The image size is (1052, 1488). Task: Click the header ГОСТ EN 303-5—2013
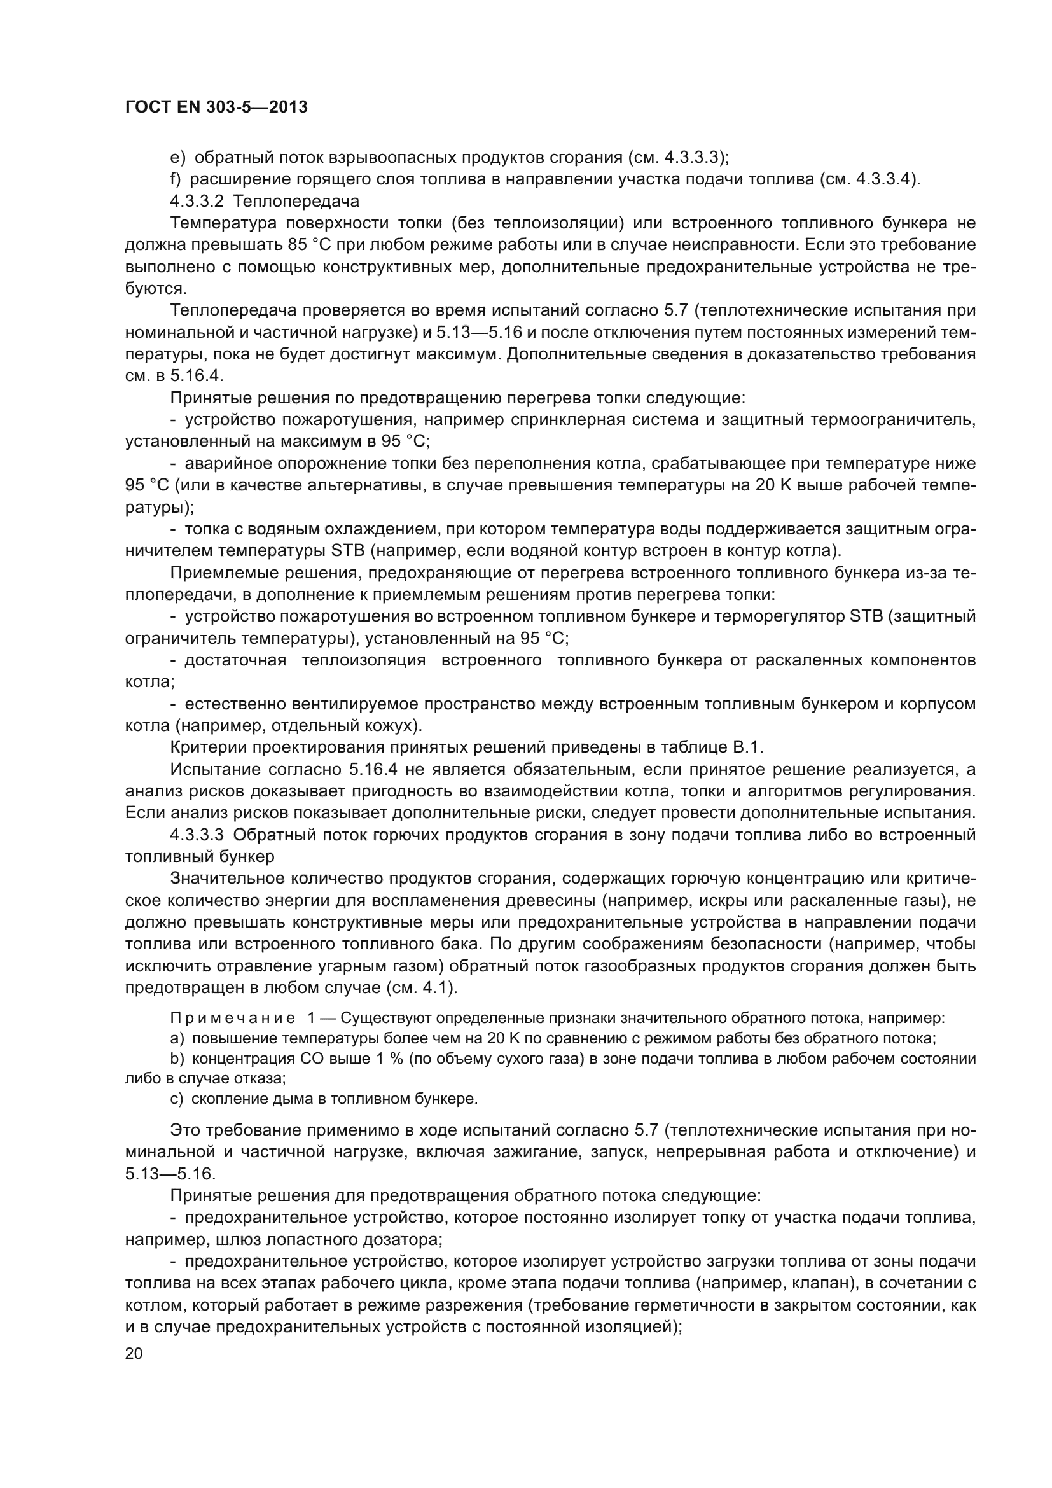[216, 107]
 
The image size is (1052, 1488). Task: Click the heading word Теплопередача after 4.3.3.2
[297, 201]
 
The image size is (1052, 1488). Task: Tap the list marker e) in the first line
[177, 158]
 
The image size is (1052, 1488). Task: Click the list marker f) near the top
[176, 179]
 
